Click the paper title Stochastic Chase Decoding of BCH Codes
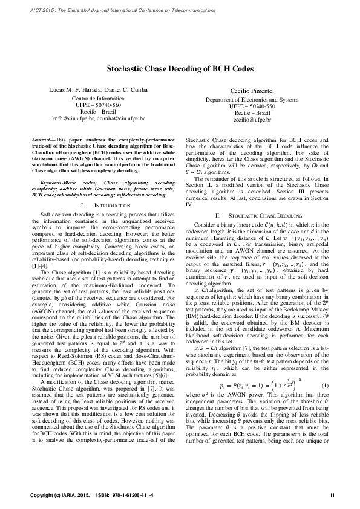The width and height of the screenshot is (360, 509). point(180,70)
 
